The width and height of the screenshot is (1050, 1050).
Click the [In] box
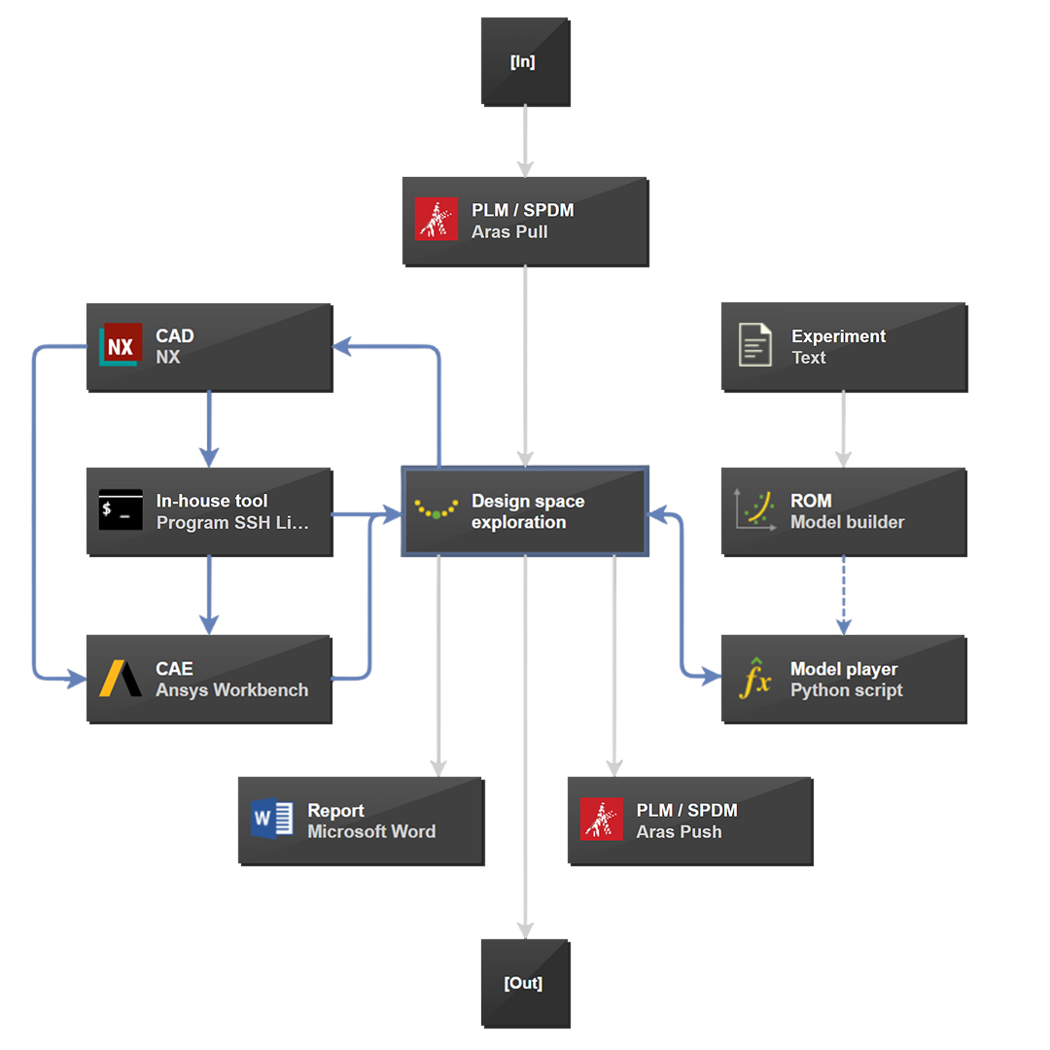click(525, 61)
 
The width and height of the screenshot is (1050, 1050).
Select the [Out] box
click(525, 983)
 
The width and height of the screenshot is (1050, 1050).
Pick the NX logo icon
click(121, 346)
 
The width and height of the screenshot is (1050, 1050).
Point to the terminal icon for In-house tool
click(121, 510)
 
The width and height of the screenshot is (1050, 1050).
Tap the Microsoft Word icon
click(272, 819)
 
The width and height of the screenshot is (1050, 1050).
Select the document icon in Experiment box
click(755, 346)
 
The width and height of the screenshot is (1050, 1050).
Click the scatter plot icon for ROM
click(755, 510)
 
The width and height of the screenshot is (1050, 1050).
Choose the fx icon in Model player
click(755, 678)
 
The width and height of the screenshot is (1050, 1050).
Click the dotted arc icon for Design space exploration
click(437, 509)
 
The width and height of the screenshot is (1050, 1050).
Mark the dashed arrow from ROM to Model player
click(843, 595)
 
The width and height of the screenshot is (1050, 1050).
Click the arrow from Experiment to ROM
click(843, 428)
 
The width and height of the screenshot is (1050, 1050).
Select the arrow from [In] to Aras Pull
click(525, 141)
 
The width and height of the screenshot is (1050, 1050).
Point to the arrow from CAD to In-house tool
click(209, 428)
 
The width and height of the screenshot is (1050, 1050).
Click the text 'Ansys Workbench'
click(232, 690)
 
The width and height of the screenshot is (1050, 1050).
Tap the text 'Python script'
click(846, 690)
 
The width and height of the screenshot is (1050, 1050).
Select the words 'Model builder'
click(847, 522)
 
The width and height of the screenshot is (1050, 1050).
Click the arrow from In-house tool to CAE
click(209, 595)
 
